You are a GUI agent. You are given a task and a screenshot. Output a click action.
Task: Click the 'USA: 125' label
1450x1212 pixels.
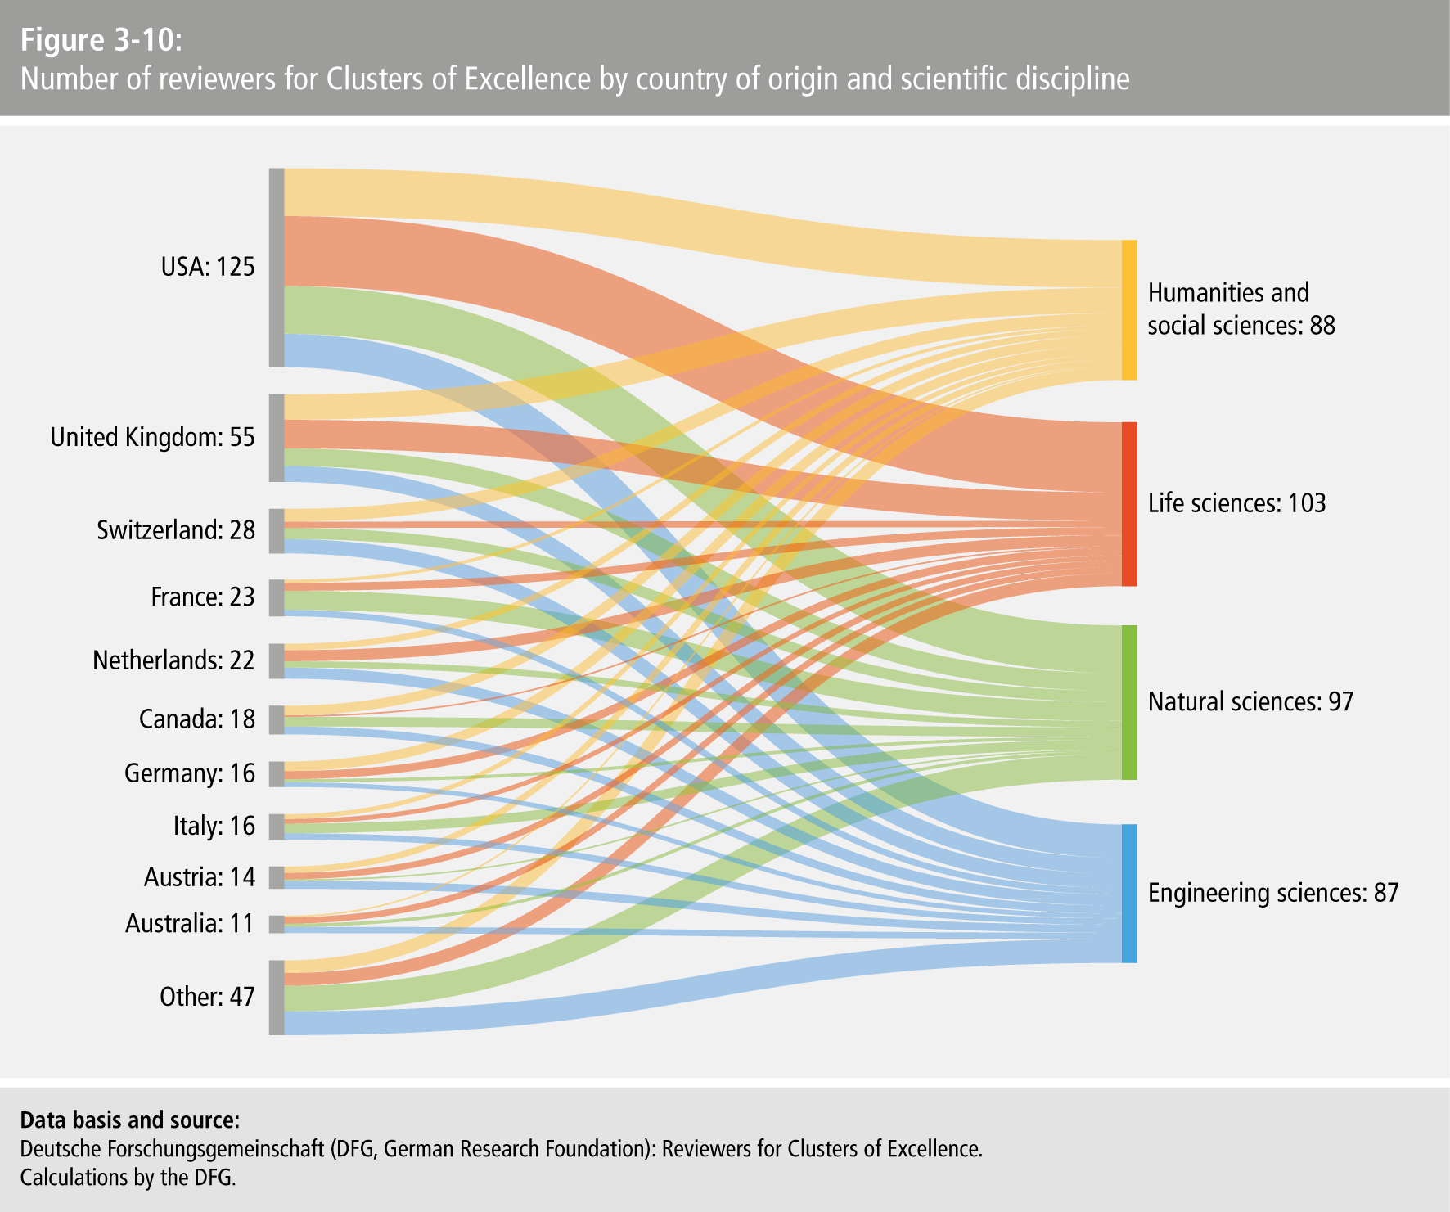208,267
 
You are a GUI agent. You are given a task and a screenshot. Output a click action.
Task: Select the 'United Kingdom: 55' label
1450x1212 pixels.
153,437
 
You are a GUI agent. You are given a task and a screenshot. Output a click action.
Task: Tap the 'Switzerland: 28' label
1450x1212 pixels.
176,530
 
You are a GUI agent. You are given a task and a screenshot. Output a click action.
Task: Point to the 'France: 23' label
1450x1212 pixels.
203,597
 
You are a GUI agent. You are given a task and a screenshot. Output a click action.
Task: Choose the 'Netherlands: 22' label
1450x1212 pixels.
173,660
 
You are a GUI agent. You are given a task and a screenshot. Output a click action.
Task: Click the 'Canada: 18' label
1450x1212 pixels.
197,719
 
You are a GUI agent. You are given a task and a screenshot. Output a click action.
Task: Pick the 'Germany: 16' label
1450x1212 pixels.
190,773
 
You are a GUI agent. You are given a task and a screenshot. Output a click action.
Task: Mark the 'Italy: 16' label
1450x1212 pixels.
214,826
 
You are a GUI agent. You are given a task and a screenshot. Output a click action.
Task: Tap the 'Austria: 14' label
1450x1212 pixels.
200,877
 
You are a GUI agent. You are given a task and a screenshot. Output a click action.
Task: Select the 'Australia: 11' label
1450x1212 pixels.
190,923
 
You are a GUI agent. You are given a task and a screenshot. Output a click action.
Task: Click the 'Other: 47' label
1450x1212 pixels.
207,997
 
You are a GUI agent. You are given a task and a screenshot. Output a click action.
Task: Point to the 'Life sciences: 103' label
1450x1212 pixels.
1236,503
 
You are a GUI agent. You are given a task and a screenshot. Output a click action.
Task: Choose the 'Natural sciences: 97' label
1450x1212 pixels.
1250,701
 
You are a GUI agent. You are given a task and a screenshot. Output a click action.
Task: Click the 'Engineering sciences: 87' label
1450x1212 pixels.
1273,893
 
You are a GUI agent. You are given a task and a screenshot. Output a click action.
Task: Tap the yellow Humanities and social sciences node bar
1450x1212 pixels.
1129,310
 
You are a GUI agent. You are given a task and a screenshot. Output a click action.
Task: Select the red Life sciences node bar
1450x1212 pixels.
1129,504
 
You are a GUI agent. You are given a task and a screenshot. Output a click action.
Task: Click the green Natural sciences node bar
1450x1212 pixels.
1129,702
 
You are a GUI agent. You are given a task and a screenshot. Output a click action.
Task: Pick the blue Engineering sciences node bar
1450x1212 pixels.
1129,894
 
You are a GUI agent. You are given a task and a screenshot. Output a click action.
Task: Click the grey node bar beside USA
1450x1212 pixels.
277,268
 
